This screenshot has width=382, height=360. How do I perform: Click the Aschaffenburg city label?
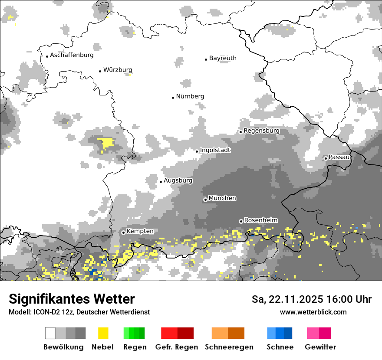coord(72,55)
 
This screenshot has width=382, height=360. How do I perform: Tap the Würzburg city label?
coord(118,70)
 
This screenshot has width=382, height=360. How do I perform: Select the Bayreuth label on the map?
coord(223,58)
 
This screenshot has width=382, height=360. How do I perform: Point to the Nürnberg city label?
coord(190,96)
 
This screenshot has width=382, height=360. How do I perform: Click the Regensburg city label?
coord(262,131)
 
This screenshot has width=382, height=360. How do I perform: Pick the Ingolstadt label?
coord(215,150)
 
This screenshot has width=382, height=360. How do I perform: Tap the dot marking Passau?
coord(326,158)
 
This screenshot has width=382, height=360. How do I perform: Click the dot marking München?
coord(205,200)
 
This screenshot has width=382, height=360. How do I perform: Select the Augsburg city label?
coord(178,180)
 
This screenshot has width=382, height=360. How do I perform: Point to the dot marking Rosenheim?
coord(241,221)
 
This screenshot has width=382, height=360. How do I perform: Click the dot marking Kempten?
coord(123,232)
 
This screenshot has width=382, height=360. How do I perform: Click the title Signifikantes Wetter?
coord(72,299)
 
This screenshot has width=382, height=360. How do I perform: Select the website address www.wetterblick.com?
coord(313,312)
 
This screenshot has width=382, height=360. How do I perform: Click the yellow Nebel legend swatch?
coord(103,333)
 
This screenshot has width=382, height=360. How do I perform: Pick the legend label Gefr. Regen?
coord(177,347)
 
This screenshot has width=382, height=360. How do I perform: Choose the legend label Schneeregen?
coord(229,347)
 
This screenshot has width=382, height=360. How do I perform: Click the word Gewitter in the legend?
coord(320,347)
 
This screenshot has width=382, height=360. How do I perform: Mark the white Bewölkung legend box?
coord(50,333)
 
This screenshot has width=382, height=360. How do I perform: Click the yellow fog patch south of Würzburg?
coord(105,143)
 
